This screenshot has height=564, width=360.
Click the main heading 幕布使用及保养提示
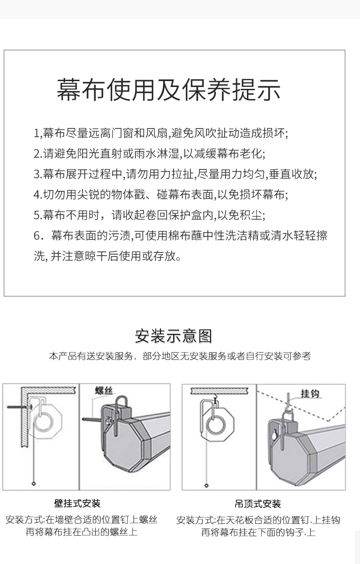pyautogui.click(x=169, y=89)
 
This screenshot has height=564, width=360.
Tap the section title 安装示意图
pyautogui.click(x=173, y=336)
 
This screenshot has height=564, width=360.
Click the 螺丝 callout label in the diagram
pyautogui.click(x=104, y=390)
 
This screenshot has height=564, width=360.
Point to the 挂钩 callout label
pyautogui.click(x=310, y=394)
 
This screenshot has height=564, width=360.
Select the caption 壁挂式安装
pyautogui.click(x=77, y=503)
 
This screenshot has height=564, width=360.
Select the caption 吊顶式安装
pyautogui.click(x=258, y=504)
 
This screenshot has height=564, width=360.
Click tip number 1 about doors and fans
pyautogui.click(x=161, y=133)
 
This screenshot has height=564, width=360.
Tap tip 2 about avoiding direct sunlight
pyautogui.click(x=149, y=154)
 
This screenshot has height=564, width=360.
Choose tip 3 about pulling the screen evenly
pyautogui.click(x=175, y=174)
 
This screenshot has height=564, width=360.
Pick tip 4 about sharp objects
pyautogui.click(x=161, y=195)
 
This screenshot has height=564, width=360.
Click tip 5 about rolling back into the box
pyautogui.click(x=149, y=215)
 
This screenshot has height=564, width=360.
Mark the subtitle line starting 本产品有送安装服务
pyautogui.click(x=180, y=356)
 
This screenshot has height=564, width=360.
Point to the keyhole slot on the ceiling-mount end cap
pyautogui.click(x=273, y=436)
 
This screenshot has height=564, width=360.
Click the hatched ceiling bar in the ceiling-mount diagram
pyautogui.click(x=219, y=390)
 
